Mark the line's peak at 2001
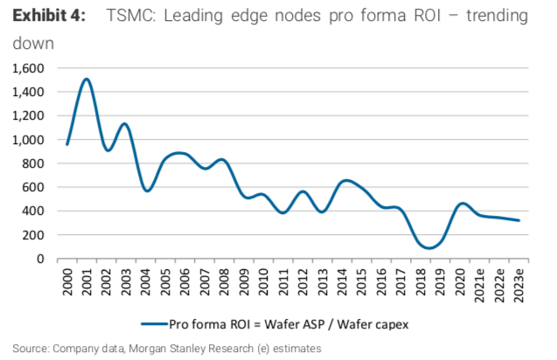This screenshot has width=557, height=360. click(x=87, y=80)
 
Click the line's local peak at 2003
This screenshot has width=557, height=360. click(x=125, y=124)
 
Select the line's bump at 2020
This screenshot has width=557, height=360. click(x=463, y=204)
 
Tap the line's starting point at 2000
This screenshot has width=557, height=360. click(x=66, y=144)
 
